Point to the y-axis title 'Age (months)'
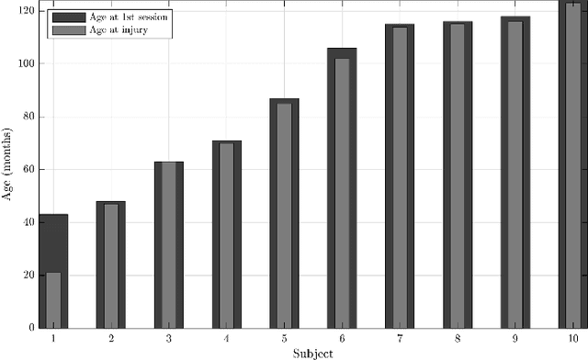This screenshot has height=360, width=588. (8, 168)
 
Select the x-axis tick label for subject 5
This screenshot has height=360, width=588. (284, 339)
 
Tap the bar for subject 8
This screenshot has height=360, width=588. (457, 175)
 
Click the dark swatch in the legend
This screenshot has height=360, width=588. (67, 17)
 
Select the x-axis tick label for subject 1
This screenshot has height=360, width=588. (53, 339)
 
